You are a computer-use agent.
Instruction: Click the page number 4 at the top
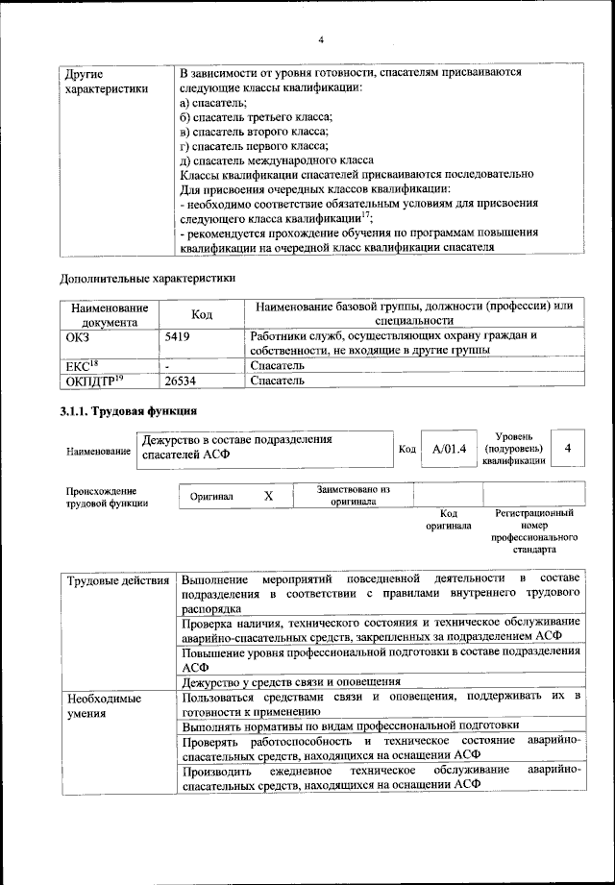[321, 39]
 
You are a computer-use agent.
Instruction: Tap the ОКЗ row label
[77, 337]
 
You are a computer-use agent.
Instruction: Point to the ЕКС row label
[78, 366]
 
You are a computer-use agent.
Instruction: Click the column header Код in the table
[202, 314]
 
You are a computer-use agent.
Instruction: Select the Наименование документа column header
[109, 314]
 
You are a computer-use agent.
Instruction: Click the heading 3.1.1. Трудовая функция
[121, 412]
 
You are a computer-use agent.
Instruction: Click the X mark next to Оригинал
[269, 495]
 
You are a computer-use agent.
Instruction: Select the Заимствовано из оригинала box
[353, 495]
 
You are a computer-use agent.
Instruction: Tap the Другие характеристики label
[105, 81]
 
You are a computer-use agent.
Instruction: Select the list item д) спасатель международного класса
[277, 160]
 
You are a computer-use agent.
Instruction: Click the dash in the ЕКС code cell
[168, 366]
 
